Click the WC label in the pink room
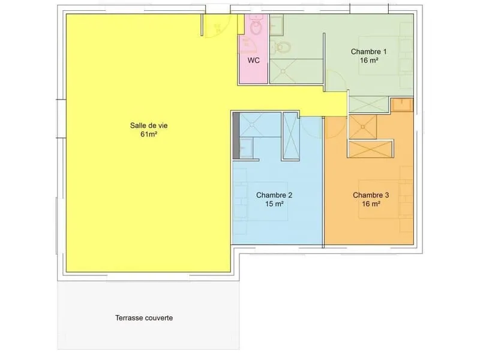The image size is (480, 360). pyautogui.click(x=253, y=61)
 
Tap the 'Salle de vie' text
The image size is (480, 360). pyautogui.click(x=149, y=125)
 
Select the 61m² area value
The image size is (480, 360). pyautogui.click(x=149, y=134)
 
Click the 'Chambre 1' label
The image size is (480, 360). pyautogui.click(x=368, y=52)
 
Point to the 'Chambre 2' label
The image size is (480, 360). pyautogui.click(x=274, y=195)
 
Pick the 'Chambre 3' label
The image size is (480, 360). pyautogui.click(x=371, y=195)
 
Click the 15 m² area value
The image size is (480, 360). pyautogui.click(x=274, y=203)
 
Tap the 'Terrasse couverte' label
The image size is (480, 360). pyautogui.click(x=144, y=318)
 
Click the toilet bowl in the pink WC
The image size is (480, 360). pyautogui.click(x=256, y=28)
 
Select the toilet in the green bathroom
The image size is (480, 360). pyautogui.click(x=281, y=47)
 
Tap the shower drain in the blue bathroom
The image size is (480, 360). pyautogui.click(x=251, y=125)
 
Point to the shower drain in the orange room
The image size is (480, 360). pyautogui.click(x=363, y=127)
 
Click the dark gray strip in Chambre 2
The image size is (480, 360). pyautogui.click(x=236, y=136)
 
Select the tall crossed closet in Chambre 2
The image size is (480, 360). pyautogui.click(x=290, y=136)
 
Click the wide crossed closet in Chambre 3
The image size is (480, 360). pyautogui.click(x=370, y=149)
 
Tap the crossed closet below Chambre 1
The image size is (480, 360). pyautogui.click(x=369, y=104)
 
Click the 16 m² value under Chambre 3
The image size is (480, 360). pyautogui.click(x=371, y=203)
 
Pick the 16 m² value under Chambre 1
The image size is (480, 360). pyautogui.click(x=368, y=60)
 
